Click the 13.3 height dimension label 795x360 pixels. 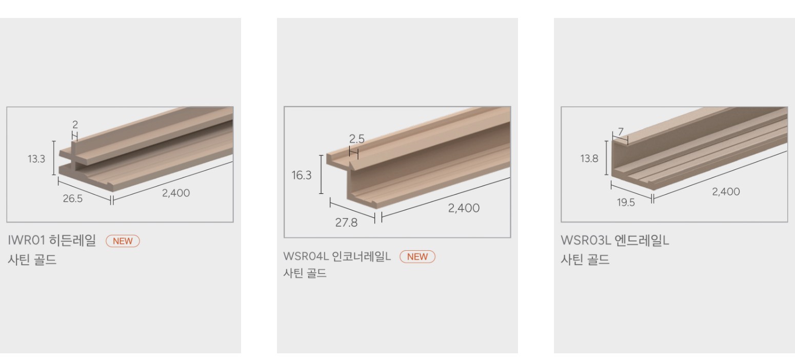click(36, 159)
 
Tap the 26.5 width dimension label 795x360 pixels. click(73, 198)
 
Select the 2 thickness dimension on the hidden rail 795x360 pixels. click(75, 125)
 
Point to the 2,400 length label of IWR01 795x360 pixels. click(176, 193)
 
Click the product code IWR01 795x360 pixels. click(27, 240)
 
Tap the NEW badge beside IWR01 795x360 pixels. click(123, 241)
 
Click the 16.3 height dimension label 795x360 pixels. click(301, 175)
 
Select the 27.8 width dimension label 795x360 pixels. click(346, 223)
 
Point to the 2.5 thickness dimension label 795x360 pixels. click(356, 138)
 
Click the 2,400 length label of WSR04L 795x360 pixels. click(464, 208)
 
